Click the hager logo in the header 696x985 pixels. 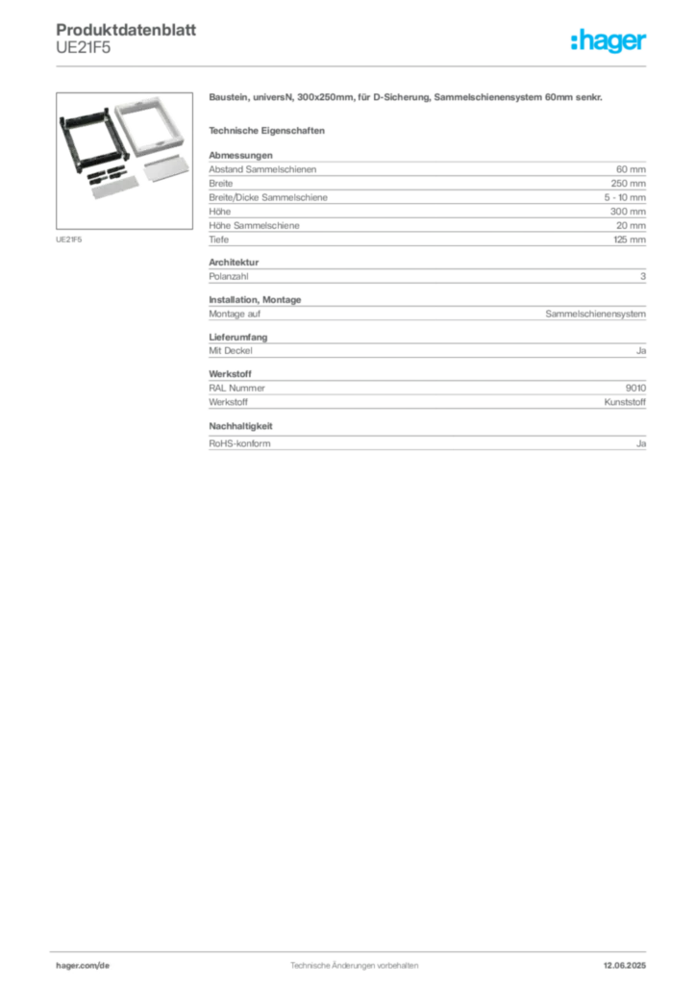click(x=608, y=41)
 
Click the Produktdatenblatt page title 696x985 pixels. click(x=126, y=30)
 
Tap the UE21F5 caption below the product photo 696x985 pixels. click(x=68, y=240)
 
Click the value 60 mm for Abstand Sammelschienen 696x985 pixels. click(x=631, y=169)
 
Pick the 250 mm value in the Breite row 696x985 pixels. click(x=628, y=184)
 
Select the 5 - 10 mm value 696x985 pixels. click(x=625, y=197)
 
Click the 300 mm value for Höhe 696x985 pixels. click(x=628, y=212)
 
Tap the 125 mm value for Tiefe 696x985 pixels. click(x=630, y=240)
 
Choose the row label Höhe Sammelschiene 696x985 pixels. click(x=254, y=225)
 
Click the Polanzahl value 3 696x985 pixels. click(x=643, y=276)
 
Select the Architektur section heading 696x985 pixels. click(x=234, y=262)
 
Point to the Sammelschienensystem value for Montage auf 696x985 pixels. click(x=596, y=314)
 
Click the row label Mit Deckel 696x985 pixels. click(x=231, y=350)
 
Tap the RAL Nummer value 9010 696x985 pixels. click(x=635, y=389)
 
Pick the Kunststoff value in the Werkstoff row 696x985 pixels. click(x=625, y=402)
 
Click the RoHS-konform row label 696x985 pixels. click(x=239, y=443)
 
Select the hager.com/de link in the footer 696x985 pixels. click(x=83, y=966)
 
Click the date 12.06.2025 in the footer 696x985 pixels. click(x=625, y=966)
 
